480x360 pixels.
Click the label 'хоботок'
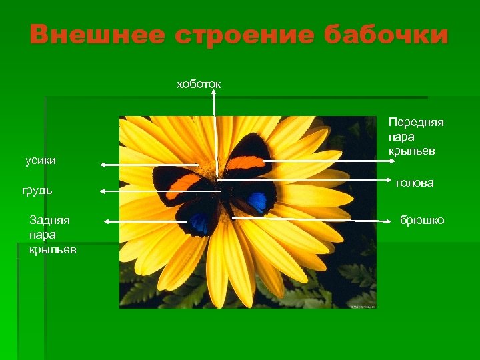click(x=198, y=84)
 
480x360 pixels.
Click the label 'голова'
click(x=415, y=182)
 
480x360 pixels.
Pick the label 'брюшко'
click(x=422, y=220)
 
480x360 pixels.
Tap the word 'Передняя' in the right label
click(x=416, y=123)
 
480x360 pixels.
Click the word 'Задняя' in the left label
click(x=50, y=220)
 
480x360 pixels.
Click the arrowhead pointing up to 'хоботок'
click(x=214, y=94)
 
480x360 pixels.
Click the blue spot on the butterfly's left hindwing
click(x=199, y=223)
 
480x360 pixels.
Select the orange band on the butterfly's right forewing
click(x=245, y=162)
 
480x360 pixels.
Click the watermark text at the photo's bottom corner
click(x=363, y=306)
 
